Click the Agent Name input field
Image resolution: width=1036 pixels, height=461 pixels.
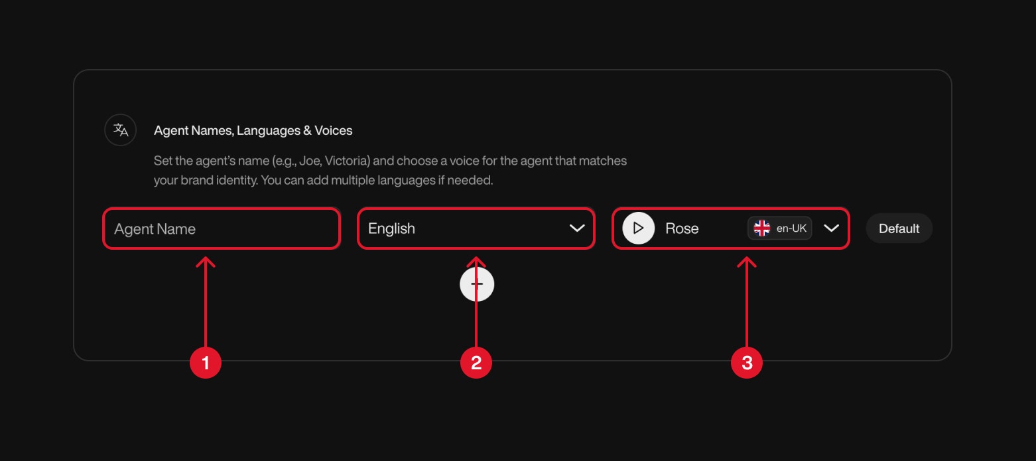point(221,229)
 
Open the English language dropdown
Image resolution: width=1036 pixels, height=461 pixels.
point(464,229)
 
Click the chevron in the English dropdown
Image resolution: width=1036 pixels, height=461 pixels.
point(577,229)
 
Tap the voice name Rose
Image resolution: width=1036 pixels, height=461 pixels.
point(682,229)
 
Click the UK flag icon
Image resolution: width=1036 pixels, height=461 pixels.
point(762,229)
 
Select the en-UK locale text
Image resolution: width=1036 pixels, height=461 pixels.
point(791,229)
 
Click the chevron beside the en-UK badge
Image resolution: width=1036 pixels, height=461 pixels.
point(831,229)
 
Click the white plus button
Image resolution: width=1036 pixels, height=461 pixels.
point(477,284)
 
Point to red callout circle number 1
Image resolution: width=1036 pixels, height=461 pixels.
point(206,363)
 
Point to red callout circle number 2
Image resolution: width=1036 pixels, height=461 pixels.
point(476,363)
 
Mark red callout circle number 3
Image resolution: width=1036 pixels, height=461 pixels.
point(747,363)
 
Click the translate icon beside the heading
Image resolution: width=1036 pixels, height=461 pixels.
point(121,130)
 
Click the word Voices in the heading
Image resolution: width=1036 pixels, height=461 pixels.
point(334,131)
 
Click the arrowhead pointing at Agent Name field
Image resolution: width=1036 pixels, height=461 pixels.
point(206,261)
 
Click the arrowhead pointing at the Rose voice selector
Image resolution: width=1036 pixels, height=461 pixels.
point(747,261)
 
